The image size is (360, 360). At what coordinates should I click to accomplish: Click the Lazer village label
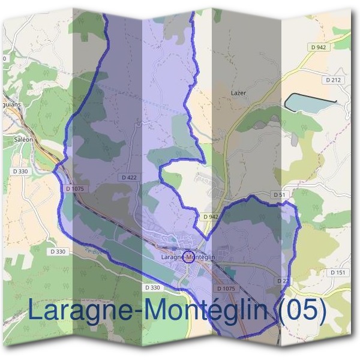point(239,94)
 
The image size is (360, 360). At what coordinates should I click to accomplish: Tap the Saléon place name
point(22,139)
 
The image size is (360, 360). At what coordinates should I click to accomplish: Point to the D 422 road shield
point(129,178)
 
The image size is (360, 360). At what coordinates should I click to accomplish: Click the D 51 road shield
point(278,195)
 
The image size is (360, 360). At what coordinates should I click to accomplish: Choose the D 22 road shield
point(283,281)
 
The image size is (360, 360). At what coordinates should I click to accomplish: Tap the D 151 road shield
point(337,272)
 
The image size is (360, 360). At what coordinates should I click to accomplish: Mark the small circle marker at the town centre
point(188,257)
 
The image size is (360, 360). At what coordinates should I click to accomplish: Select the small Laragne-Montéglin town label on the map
point(188,257)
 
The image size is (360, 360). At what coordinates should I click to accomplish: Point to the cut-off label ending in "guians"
point(10,103)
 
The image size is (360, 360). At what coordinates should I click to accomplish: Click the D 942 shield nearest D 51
point(211,217)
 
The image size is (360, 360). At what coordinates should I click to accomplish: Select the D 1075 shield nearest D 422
point(76,188)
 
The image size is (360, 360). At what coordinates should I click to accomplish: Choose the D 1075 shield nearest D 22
point(226,289)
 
